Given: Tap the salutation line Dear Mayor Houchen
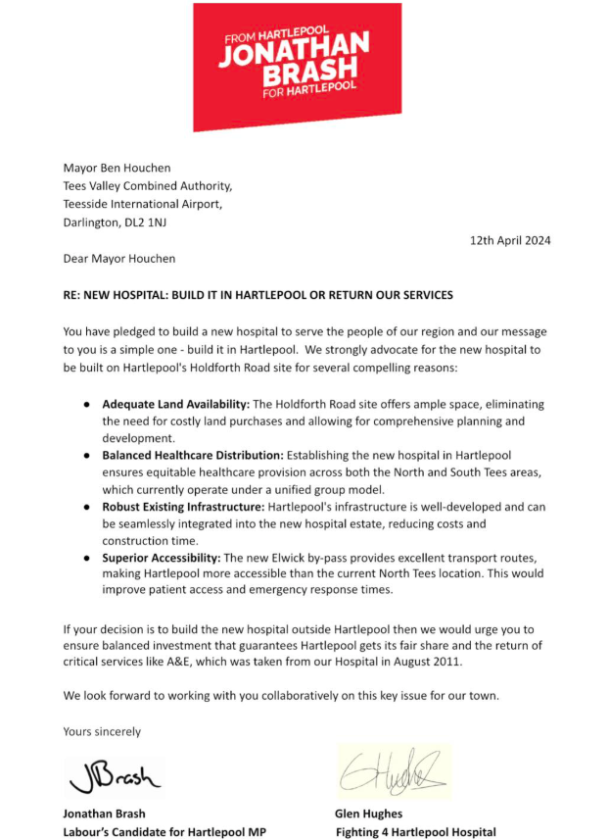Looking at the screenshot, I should click(119, 259).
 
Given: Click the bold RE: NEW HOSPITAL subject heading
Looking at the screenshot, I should click(258, 295).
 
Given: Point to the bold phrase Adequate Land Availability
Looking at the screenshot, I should click(176, 404).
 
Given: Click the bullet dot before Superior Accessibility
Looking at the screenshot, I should click(87, 557).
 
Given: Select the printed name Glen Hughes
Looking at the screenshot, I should click(368, 814).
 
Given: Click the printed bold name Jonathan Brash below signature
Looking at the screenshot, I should click(104, 814).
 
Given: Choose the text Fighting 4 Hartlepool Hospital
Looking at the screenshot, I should click(415, 832).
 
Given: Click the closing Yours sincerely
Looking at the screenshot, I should click(102, 731).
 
